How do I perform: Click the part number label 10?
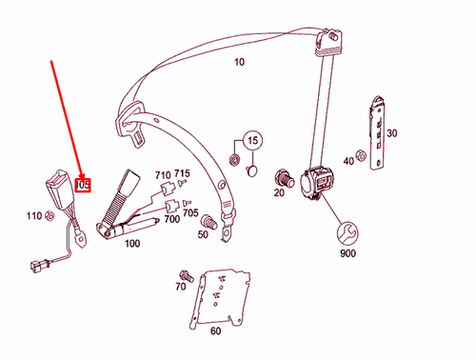point(239,63)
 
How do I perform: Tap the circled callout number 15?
point(252,142)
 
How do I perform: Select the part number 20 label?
point(279,193)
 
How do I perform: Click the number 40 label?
point(348,162)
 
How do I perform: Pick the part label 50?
point(203,233)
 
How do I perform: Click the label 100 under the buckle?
point(131,244)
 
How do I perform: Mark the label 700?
point(172,218)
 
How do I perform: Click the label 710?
point(162,174)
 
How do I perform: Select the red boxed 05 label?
point(84,184)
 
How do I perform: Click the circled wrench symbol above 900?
point(346,232)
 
